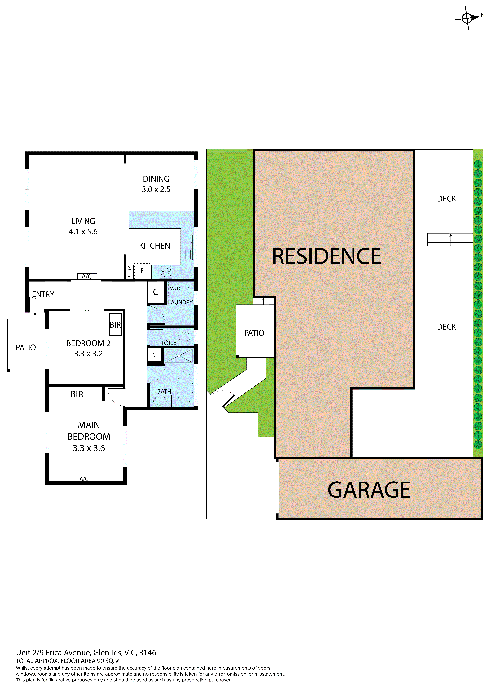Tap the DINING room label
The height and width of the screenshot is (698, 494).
(x=156, y=179)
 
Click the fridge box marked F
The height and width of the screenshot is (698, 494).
(x=142, y=271)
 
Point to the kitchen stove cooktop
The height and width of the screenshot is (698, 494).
(x=166, y=272)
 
